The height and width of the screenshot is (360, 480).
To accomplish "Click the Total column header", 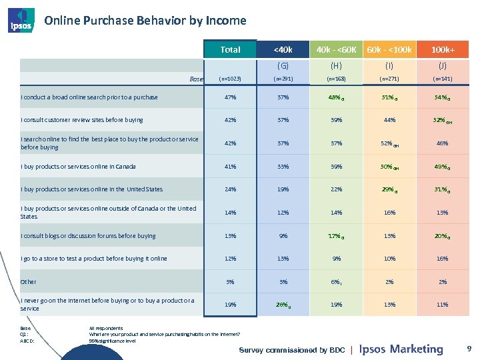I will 230,49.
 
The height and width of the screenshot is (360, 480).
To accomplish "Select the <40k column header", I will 283,49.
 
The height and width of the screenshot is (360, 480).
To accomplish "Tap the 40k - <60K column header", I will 336,49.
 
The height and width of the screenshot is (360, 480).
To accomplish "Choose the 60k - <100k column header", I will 389,49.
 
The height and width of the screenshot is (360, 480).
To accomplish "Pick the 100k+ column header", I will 443,49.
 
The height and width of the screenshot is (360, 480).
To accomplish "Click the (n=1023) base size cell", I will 230,78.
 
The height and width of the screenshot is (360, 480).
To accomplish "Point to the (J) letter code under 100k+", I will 443,65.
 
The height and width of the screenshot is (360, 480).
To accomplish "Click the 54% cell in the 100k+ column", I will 442,97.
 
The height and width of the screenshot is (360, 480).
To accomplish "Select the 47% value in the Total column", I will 230,97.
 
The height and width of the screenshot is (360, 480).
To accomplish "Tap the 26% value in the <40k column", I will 283,305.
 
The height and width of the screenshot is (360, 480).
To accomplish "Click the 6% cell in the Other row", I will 335,281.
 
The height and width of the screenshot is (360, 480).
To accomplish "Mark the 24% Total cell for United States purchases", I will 230,189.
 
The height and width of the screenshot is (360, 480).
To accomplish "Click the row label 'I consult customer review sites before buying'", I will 81,120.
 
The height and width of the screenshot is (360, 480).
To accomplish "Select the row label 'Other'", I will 29,281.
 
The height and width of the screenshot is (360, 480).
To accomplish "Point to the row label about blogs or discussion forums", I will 88,235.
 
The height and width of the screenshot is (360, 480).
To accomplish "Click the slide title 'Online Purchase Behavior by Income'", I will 145,21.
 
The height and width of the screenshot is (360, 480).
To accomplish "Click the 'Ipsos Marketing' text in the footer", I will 401,349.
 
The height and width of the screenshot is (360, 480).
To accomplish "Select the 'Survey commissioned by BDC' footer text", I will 292,350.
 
